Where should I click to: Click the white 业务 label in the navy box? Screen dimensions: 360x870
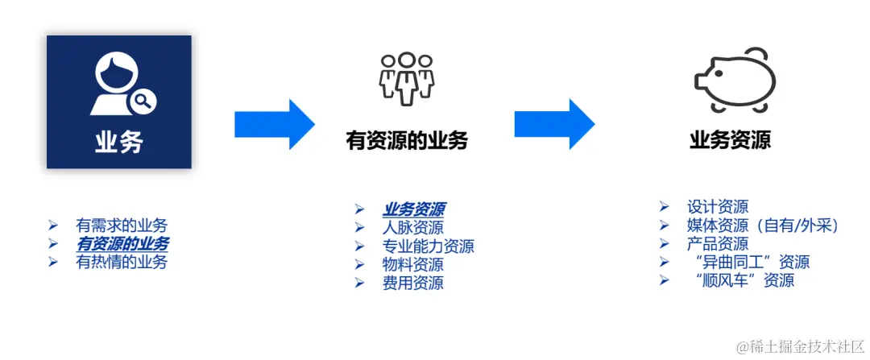118,143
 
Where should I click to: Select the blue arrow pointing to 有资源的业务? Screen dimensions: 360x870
274,124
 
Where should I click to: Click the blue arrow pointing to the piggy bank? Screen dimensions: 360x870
554,124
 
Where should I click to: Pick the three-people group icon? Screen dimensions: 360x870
407,79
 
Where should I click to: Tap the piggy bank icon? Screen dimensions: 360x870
735,79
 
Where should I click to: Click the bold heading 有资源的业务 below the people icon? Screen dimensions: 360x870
407,141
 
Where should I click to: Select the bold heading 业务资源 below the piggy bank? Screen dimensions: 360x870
730,140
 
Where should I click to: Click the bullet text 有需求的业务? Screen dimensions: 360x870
122,226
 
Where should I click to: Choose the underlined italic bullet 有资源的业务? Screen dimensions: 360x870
122,243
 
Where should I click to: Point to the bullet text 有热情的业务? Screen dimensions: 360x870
122,261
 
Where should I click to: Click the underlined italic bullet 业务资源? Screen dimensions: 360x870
414,209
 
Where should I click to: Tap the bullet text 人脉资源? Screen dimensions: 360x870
412,228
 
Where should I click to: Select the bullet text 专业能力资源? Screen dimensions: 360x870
428,246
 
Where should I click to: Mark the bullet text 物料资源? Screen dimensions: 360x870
412,264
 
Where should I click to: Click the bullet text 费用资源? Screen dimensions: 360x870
412,283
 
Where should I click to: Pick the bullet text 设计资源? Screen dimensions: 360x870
718,207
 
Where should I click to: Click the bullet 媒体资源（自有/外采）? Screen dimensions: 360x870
763,226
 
